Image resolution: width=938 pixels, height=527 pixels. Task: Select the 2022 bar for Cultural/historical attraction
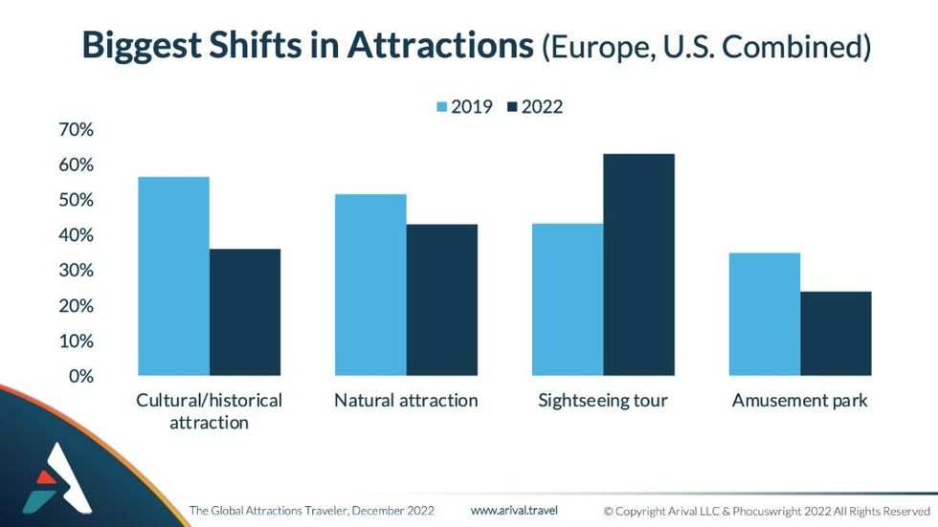pos(245,312)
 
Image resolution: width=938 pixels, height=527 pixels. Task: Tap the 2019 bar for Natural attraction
pos(369,284)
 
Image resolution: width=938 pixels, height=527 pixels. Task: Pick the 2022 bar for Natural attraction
pos(441,299)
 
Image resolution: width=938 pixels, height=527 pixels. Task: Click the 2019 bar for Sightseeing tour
pos(568,299)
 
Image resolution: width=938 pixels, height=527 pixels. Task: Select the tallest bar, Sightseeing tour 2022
pos(638,264)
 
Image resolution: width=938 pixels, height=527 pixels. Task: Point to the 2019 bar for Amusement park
pos(764,314)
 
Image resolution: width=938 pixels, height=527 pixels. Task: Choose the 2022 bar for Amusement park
pos(836,333)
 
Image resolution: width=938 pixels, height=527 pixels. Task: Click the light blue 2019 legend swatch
pos(441,107)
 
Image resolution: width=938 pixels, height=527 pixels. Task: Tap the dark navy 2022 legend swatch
pos(512,107)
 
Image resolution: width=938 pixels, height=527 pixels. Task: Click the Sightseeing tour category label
pos(602,400)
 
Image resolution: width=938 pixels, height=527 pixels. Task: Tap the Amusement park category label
pos(799,400)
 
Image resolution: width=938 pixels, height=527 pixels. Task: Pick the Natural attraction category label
pos(406,400)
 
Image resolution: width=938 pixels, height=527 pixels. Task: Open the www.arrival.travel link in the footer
pos(514,510)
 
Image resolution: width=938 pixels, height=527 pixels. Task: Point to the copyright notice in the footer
pos(767,511)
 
